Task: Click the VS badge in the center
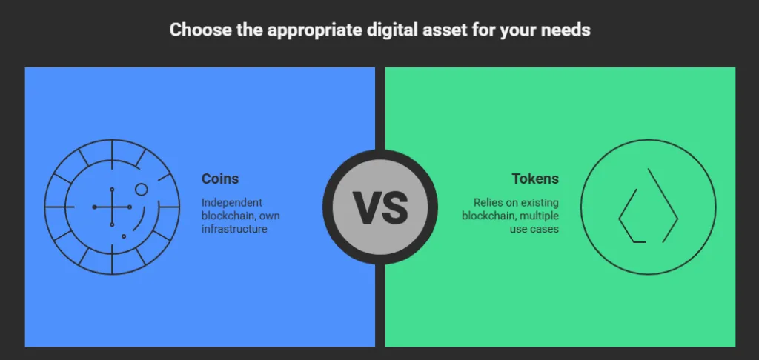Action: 379,207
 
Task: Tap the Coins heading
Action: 220,179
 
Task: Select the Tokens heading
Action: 535,179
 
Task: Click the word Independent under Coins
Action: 232,202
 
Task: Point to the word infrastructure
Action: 234,230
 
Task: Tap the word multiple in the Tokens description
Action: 534,216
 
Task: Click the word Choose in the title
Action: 194,30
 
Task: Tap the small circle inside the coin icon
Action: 141,190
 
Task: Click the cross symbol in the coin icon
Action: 112,207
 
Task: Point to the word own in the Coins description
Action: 270,216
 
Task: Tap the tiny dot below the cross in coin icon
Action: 123,236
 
